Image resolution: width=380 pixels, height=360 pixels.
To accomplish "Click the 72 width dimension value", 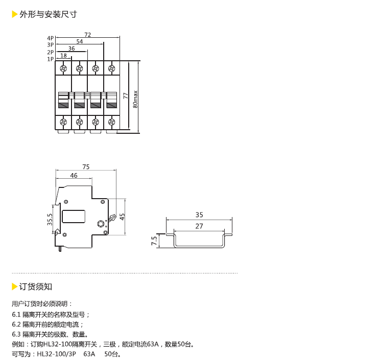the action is click(88, 35).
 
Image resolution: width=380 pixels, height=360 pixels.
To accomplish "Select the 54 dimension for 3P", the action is click(80, 41).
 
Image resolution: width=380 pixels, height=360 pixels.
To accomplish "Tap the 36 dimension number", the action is click(72, 49).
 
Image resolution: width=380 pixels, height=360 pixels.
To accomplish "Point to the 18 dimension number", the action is click(63, 56).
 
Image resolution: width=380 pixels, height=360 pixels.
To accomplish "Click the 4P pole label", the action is click(51, 38).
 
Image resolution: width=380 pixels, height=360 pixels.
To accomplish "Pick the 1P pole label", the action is click(51, 59).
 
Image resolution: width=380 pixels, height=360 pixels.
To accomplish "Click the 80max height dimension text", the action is click(135, 100).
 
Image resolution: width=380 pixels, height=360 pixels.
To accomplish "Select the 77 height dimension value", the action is click(126, 95).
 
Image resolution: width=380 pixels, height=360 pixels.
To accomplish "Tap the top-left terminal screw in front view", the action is click(63, 68).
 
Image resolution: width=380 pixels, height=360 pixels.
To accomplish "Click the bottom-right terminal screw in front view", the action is click(111, 122).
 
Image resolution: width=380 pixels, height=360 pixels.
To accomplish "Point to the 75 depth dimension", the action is click(86, 167).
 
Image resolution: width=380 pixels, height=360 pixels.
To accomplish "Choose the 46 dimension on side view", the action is click(74, 175).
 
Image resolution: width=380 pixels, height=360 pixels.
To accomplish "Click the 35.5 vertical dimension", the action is click(50, 220).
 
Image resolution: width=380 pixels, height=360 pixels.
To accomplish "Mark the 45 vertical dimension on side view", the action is click(122, 217).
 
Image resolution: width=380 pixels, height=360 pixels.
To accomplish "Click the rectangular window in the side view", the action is click(74, 217).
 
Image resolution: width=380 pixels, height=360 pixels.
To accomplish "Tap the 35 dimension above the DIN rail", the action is click(199, 214).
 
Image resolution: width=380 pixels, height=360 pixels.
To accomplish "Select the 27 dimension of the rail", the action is click(199, 226).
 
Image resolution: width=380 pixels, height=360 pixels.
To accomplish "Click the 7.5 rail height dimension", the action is click(154, 241).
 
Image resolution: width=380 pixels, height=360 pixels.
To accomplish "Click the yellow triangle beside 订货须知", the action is click(14, 286).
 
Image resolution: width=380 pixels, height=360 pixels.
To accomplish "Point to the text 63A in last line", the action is click(89, 354).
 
